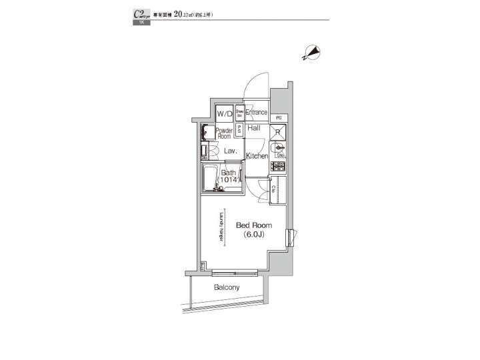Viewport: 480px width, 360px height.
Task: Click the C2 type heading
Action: [x=141, y=14]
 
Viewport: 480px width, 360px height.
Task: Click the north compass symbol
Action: [x=311, y=53]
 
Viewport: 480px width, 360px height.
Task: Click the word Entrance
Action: [x=257, y=113]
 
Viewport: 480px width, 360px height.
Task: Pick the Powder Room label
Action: [x=225, y=133]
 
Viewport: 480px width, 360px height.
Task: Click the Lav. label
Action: [x=230, y=151]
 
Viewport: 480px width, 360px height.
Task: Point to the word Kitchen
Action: [x=257, y=156]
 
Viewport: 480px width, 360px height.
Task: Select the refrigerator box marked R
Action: [x=277, y=131]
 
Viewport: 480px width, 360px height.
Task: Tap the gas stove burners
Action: [x=278, y=166]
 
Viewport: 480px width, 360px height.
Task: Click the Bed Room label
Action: [x=253, y=225]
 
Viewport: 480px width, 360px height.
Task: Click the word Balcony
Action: [x=227, y=288]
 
